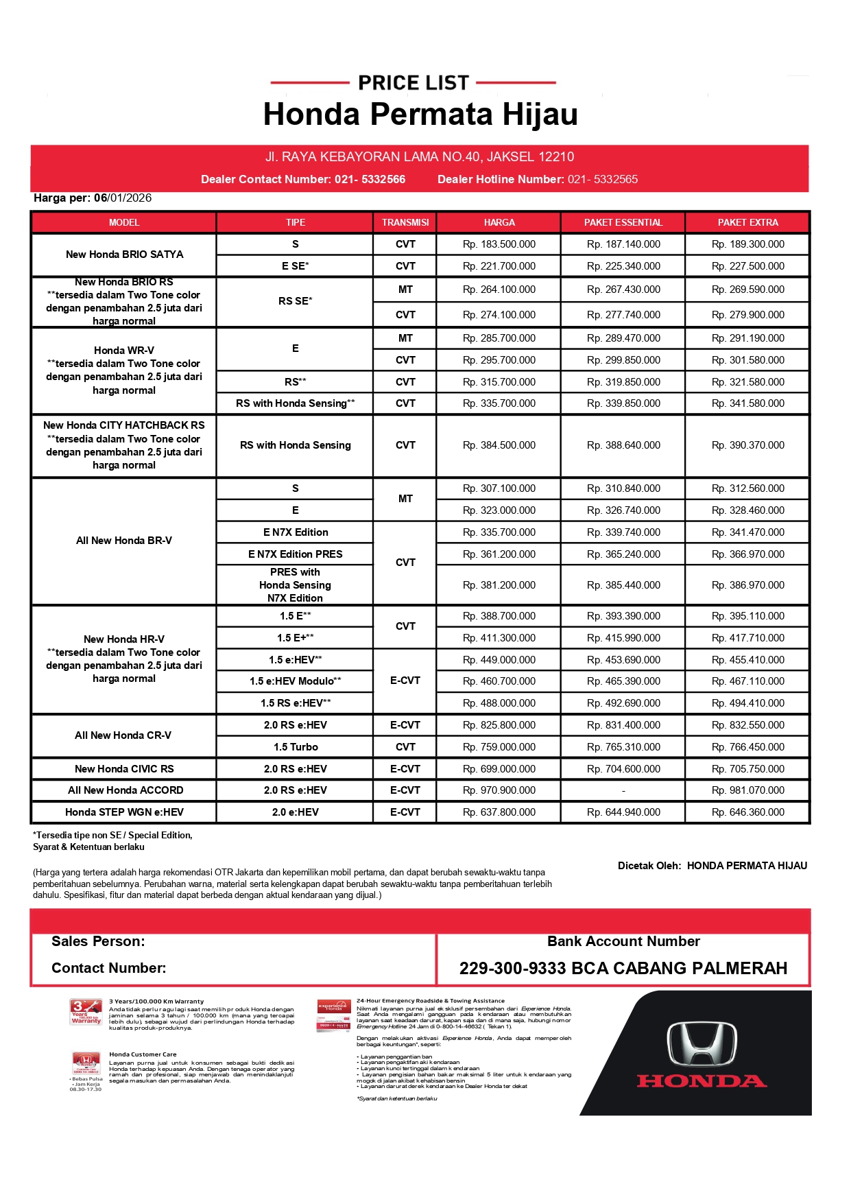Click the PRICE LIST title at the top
pos(413,83)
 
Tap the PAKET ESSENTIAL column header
pos(623,222)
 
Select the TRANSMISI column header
pos(405,222)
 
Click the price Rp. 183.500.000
pos(499,244)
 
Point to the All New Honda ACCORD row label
pos(125,790)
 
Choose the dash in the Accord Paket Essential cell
pos(623,791)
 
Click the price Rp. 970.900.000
pos(499,790)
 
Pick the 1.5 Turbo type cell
pos(296,747)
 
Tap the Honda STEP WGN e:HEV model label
pos(124,812)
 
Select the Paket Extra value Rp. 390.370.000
pos(747,445)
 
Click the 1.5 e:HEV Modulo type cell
pos(296,681)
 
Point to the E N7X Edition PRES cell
pos(296,554)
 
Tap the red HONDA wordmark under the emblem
pos(702,1082)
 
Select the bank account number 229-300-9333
pos(512,969)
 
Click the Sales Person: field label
pos(98,942)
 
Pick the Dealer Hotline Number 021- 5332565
pos(603,180)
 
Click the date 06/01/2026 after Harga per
pos(123,198)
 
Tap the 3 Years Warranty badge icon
pos(86,1012)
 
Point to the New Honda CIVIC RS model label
pos(124,769)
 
